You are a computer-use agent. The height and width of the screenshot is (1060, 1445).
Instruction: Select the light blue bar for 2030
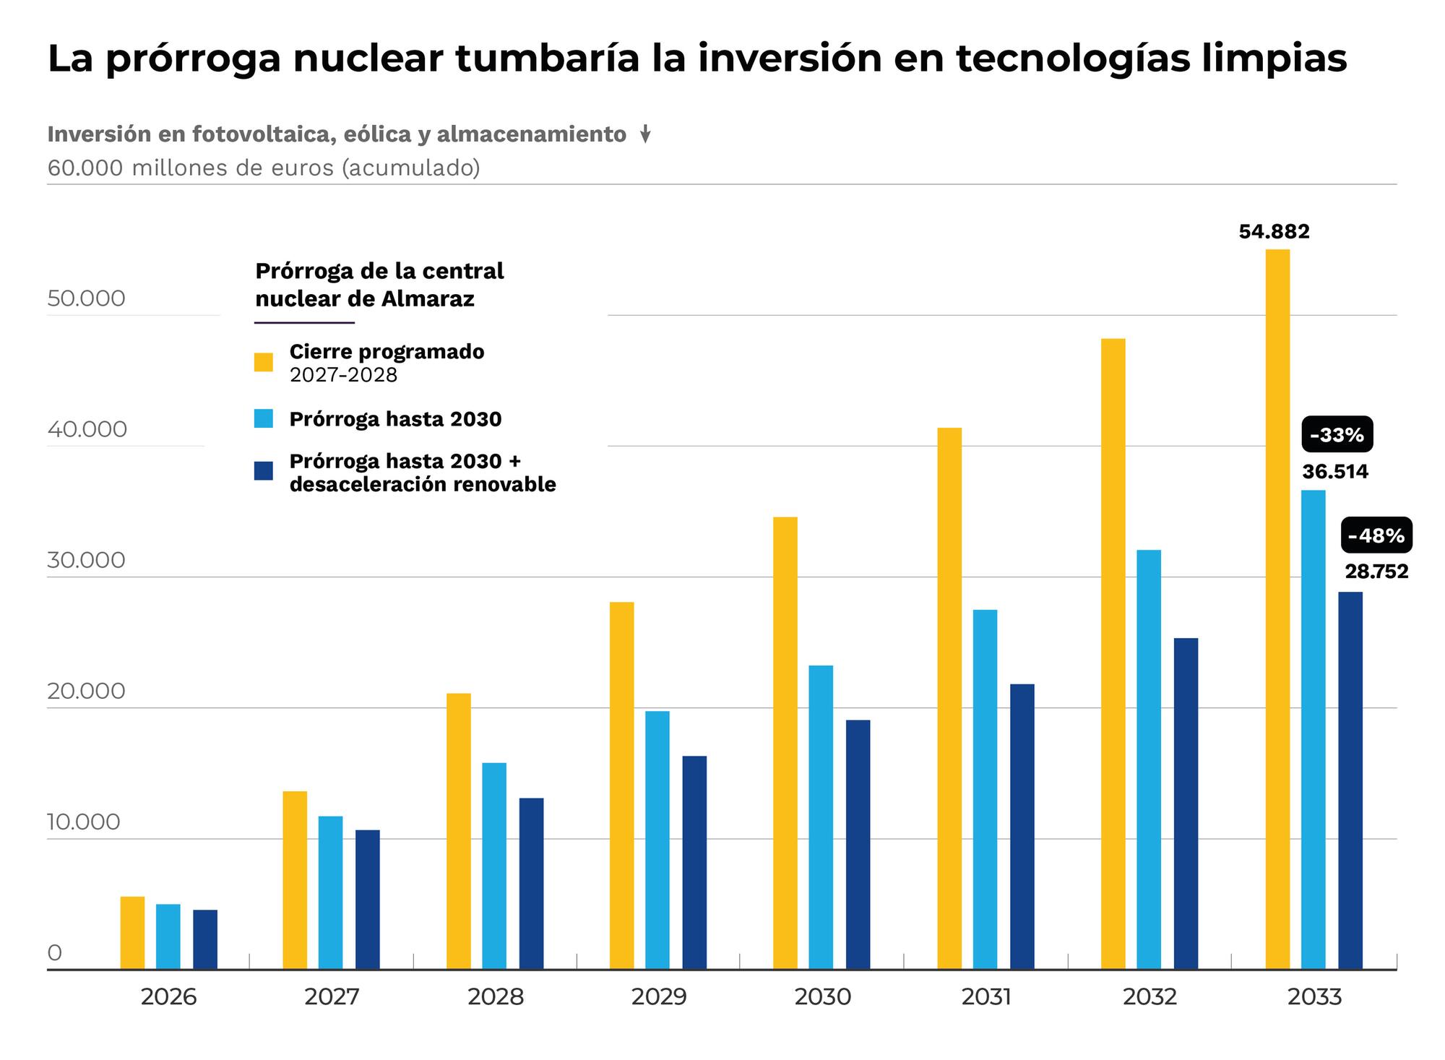(821, 816)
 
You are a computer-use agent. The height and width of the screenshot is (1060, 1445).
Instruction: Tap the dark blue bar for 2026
(205, 939)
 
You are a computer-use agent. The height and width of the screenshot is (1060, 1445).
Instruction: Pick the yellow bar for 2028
(459, 830)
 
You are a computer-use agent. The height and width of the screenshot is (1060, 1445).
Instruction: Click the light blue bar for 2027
(331, 892)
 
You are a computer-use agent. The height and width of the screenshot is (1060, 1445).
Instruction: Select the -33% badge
(1337, 435)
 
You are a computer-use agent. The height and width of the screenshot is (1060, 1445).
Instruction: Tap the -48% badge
(1376, 535)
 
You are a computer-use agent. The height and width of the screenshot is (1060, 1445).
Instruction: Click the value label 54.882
(1274, 232)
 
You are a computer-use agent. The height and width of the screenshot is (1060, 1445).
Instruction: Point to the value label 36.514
(1335, 472)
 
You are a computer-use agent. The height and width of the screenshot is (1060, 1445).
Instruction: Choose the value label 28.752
(1376, 572)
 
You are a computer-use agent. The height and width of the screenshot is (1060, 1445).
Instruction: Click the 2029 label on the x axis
(659, 997)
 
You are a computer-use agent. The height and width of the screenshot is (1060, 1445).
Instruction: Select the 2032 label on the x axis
(1149, 997)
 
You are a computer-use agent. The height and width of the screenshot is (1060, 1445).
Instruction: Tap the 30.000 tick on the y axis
(87, 560)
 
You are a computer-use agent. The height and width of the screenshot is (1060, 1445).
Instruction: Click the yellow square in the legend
(264, 362)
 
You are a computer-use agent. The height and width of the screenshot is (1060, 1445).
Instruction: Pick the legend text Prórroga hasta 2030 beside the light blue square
(395, 419)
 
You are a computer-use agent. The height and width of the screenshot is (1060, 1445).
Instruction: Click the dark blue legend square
(264, 471)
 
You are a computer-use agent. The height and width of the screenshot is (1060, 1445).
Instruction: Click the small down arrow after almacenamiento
(646, 134)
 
